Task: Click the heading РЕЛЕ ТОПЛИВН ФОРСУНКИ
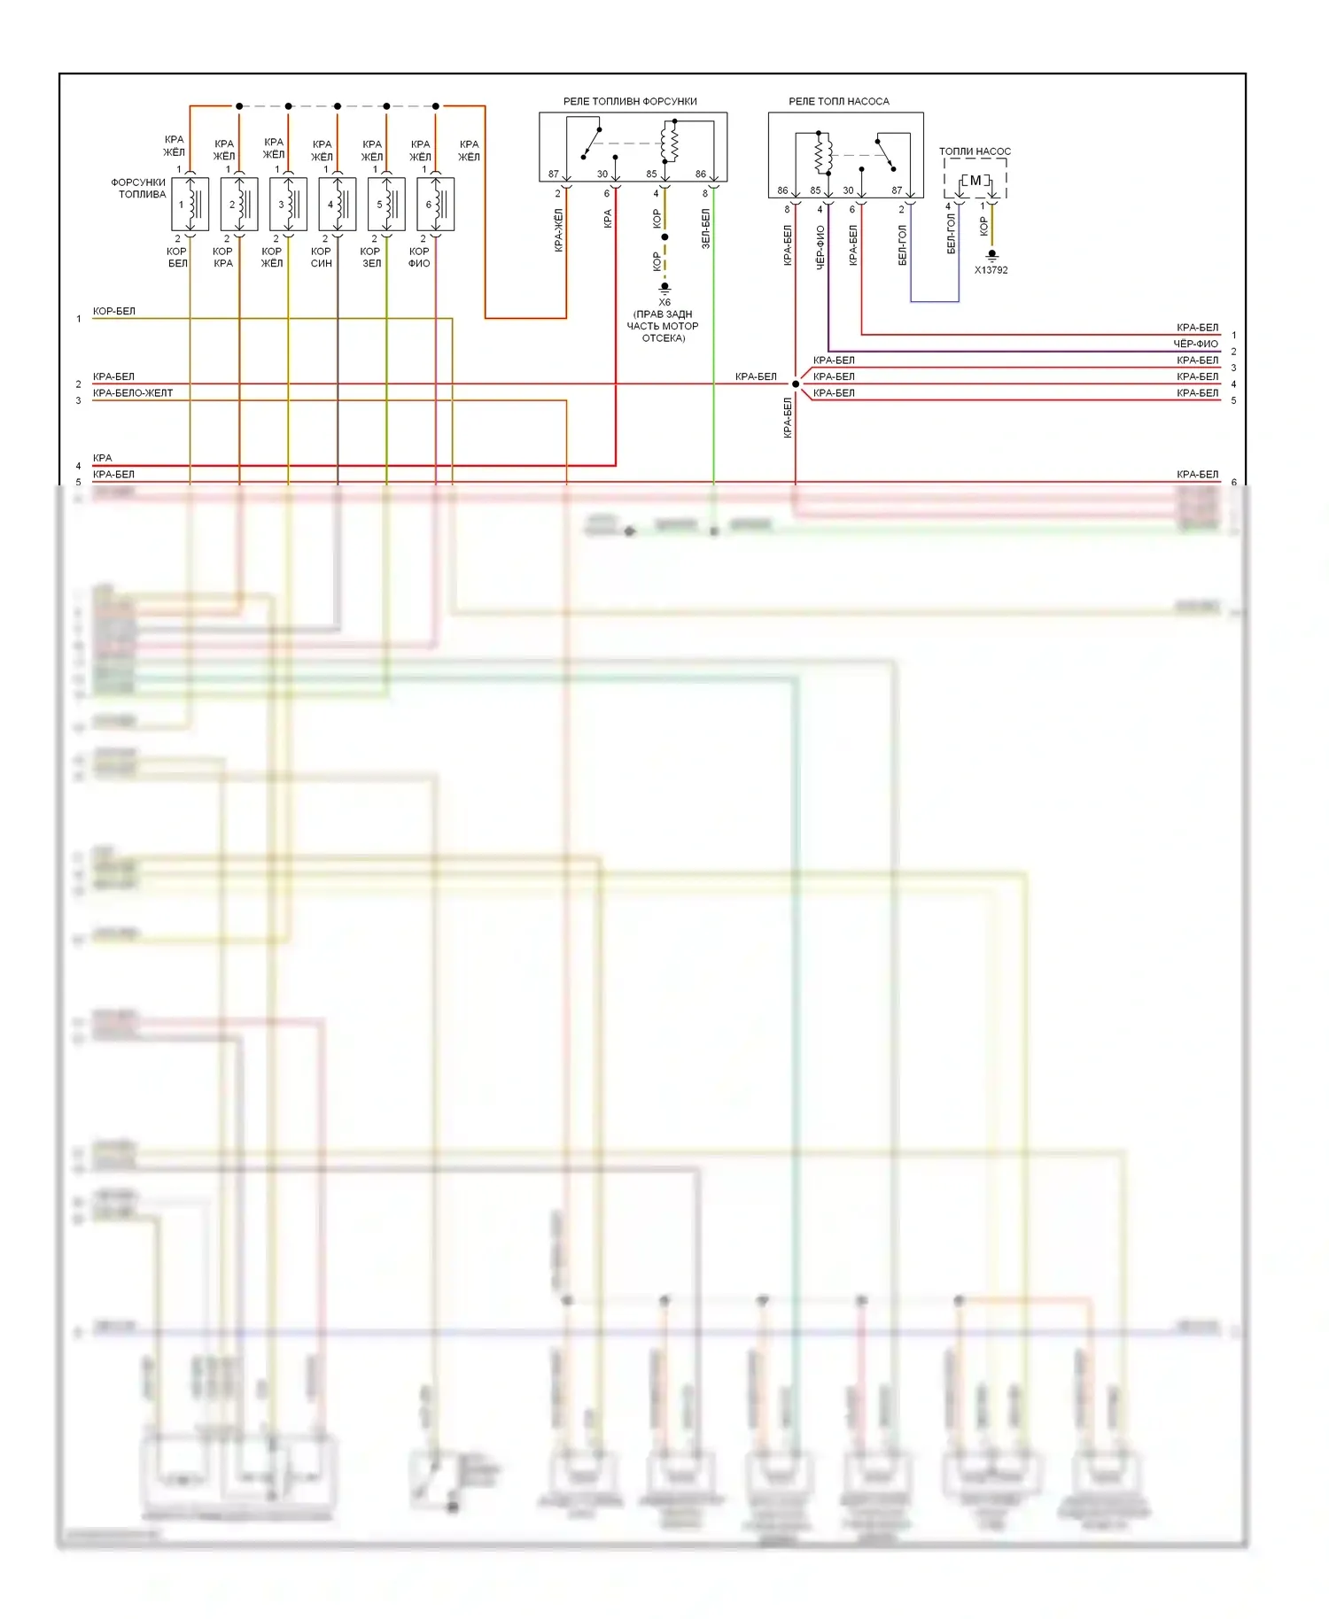(x=630, y=102)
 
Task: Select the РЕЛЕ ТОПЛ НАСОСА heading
(x=838, y=102)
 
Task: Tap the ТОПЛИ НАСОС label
(x=975, y=151)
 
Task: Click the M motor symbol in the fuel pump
(x=975, y=181)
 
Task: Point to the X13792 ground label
(x=991, y=270)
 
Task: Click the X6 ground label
(x=664, y=302)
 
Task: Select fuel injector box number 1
(x=190, y=205)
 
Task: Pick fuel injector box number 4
(x=337, y=205)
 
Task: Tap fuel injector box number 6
(x=435, y=205)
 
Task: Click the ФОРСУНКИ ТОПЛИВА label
(x=139, y=189)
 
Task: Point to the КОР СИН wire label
(x=321, y=258)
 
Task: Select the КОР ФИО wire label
(x=419, y=258)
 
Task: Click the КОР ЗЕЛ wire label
(x=370, y=258)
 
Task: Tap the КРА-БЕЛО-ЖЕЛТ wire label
(x=133, y=393)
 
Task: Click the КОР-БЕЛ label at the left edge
(x=114, y=312)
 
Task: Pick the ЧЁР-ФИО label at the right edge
(x=1195, y=344)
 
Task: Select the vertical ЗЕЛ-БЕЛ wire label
(x=706, y=229)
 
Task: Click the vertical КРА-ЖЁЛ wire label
(x=559, y=230)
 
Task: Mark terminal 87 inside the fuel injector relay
(x=554, y=174)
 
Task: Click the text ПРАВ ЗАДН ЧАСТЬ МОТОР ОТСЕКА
(x=663, y=326)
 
